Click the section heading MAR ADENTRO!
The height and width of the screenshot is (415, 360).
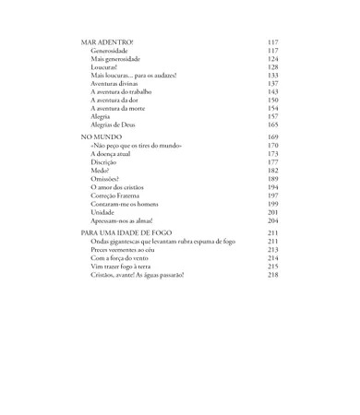click(x=107, y=42)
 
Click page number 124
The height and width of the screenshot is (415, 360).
click(x=272, y=59)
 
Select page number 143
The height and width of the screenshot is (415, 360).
click(x=272, y=92)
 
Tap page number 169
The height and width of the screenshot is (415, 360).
click(x=272, y=136)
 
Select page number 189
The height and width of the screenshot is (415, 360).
click(x=272, y=179)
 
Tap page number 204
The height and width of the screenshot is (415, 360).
click(x=272, y=220)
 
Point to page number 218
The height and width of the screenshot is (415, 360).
click(x=272, y=275)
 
